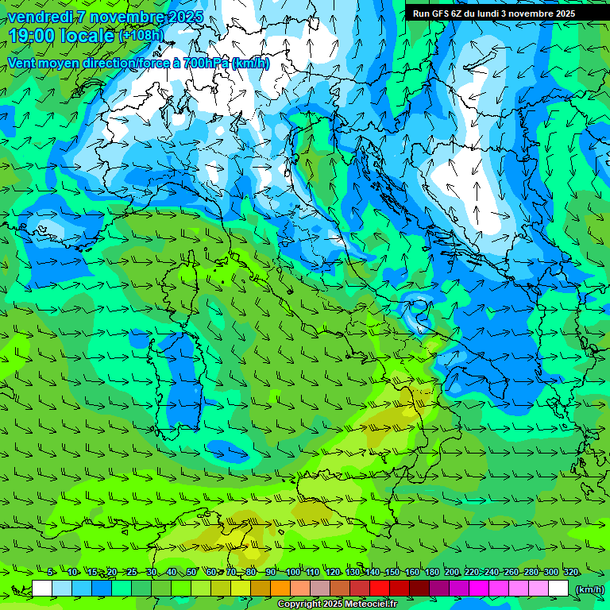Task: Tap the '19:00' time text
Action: point(33,36)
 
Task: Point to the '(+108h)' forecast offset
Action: point(141,36)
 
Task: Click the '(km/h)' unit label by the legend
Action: point(589,589)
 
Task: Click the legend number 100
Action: point(292,573)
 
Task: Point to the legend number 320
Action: point(570,573)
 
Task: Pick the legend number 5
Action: point(50,573)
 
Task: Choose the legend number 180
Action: point(431,573)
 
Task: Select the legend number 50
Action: point(191,573)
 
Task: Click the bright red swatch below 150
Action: point(380,589)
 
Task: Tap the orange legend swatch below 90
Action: point(280,589)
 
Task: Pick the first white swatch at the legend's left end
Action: point(42,589)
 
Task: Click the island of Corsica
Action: point(188,278)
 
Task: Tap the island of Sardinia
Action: point(179,373)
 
